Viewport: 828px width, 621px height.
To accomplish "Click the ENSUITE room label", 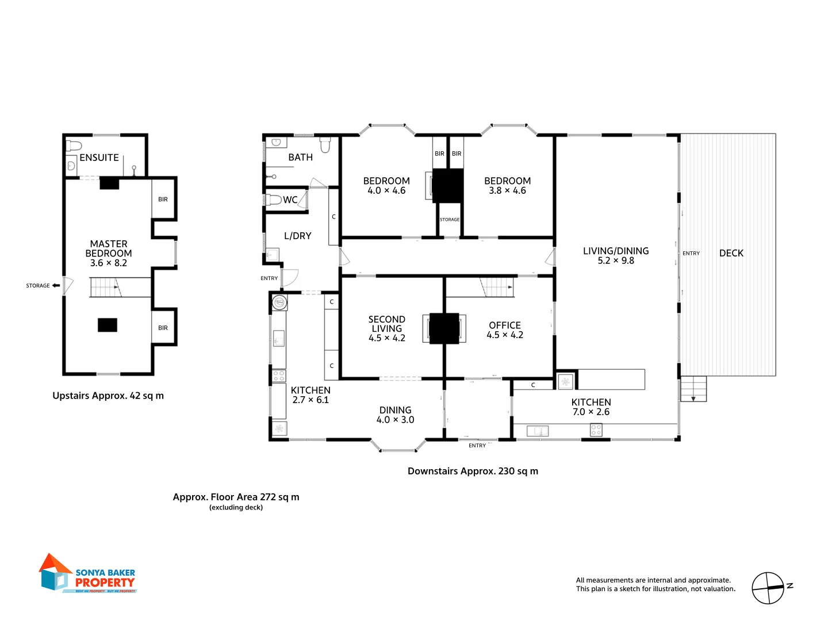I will tap(99, 158).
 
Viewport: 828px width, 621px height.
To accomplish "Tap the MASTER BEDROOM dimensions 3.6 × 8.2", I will tap(108, 263).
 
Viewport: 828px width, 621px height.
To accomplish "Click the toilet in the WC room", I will tap(274, 200).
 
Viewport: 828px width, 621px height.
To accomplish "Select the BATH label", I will tap(300, 158).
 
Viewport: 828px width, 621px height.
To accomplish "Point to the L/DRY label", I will tap(297, 236).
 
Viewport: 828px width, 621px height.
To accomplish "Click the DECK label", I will tap(731, 253).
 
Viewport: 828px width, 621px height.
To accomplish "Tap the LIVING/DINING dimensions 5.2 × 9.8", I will tap(615, 261).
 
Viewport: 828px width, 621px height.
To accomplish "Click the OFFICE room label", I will tap(504, 325).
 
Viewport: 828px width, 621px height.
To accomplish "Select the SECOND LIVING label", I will tap(386, 324).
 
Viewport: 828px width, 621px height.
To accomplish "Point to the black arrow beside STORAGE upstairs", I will tap(56, 285).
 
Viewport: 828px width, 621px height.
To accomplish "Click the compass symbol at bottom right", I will tap(768, 588).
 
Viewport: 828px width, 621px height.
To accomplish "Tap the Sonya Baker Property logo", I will tap(88, 574).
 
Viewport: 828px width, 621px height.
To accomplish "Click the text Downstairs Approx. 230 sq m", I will tap(473, 471).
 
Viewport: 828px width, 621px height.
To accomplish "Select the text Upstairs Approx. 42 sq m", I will tap(108, 396).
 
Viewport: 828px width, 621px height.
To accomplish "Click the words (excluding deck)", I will tap(236, 508).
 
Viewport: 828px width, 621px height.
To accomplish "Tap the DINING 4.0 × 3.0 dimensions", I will tap(395, 420).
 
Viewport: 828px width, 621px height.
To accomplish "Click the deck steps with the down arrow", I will tap(693, 389).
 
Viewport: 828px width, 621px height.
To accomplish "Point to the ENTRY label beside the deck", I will tap(691, 254).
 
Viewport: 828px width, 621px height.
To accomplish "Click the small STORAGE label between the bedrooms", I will tap(450, 220).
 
